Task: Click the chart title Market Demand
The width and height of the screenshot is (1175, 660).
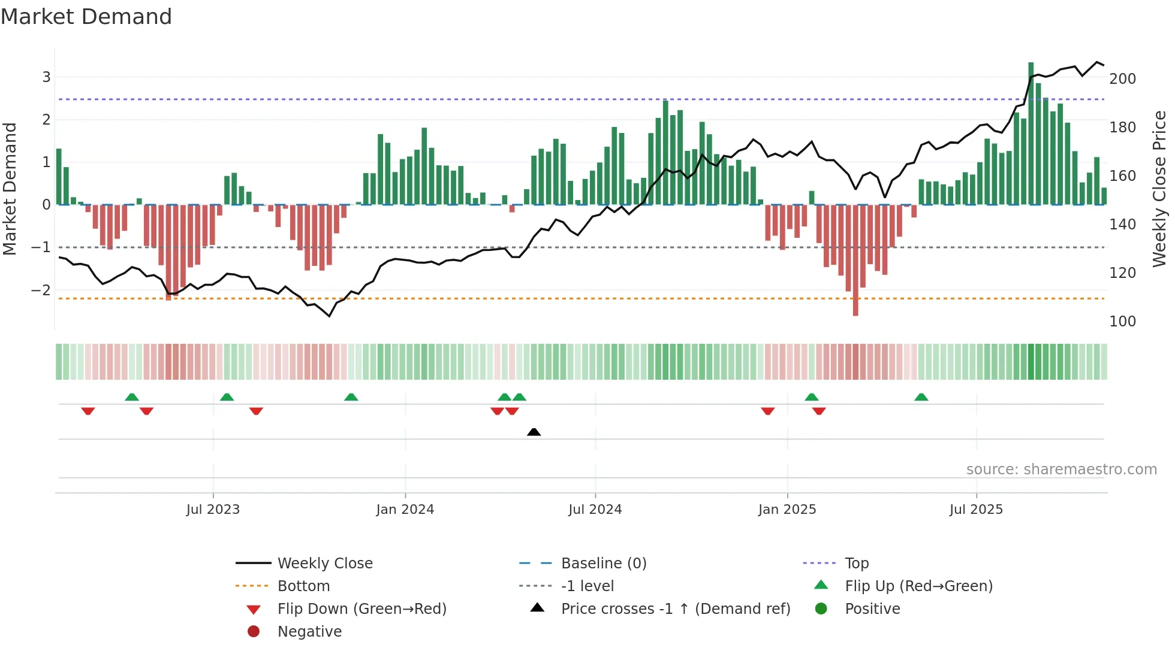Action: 86,17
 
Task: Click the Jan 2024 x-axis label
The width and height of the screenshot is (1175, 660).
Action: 405,510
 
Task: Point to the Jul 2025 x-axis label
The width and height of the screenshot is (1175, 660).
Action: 976,510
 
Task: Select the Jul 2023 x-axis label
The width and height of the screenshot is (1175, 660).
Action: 213,510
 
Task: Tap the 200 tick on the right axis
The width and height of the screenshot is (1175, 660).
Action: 1122,79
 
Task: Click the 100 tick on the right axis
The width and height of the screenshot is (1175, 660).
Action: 1122,322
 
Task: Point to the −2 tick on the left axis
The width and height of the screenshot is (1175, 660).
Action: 41,290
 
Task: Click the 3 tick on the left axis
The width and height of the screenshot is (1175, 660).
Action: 46,77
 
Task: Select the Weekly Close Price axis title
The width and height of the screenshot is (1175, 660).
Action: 1159,189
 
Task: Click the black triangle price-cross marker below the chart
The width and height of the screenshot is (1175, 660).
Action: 534,432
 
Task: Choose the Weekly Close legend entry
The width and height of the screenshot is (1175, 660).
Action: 324,564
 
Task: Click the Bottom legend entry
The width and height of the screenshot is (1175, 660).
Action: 303,586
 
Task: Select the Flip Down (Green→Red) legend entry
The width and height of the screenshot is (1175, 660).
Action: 361,609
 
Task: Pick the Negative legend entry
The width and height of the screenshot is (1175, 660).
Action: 309,632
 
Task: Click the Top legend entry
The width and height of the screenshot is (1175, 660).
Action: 856,564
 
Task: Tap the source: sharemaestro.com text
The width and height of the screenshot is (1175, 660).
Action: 1061,470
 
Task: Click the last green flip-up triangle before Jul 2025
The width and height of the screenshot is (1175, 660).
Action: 921,397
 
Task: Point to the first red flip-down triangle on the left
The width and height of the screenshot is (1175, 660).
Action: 88,411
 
